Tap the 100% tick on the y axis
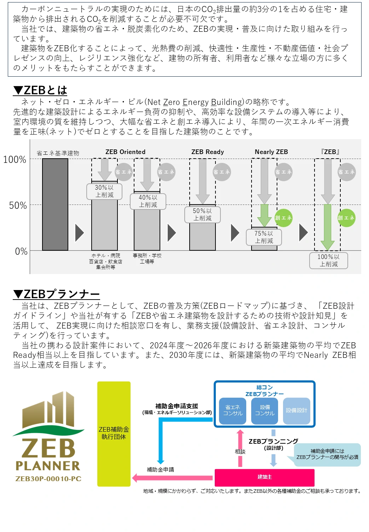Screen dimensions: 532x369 click(x=15, y=160)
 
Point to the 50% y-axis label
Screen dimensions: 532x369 click(x=18, y=206)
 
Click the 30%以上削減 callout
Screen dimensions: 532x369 click(x=104, y=191)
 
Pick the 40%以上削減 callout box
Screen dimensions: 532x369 click(x=148, y=201)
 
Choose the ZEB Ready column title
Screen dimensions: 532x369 click(x=207, y=152)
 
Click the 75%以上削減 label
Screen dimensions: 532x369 click(x=264, y=237)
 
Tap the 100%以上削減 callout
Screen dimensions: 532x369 click(x=328, y=260)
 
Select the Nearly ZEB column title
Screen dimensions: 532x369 click(x=271, y=152)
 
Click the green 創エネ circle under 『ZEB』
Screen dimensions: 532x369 click(x=346, y=218)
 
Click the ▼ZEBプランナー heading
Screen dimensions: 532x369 click(x=56, y=294)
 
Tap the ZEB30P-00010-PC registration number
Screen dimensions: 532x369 click(x=48, y=479)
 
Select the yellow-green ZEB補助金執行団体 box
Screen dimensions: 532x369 click(x=114, y=433)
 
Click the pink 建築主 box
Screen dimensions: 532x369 click(x=264, y=477)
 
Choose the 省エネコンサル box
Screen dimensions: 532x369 click(x=233, y=410)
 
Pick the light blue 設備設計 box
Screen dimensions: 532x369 click(x=296, y=410)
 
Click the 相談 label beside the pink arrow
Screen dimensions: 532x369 click(x=240, y=452)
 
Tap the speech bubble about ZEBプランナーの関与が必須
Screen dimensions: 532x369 click(x=327, y=454)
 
